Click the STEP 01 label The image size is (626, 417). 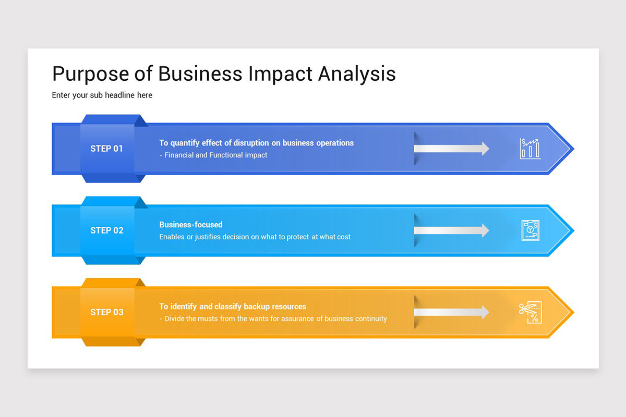click(106, 149)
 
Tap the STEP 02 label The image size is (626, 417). click(106, 230)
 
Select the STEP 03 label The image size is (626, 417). click(106, 312)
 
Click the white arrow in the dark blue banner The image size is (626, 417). click(451, 149)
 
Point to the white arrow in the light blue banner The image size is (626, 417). click(451, 230)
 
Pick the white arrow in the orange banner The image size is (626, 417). click(451, 312)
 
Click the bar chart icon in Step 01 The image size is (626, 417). click(530, 149)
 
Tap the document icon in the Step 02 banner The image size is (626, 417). click(530, 230)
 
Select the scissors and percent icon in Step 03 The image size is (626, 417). click(530, 312)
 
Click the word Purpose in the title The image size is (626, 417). click(90, 74)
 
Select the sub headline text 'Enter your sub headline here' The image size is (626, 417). click(102, 95)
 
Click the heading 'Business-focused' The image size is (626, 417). click(191, 225)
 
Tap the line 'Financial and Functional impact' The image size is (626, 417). click(215, 155)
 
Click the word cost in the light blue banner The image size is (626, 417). click(342, 237)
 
